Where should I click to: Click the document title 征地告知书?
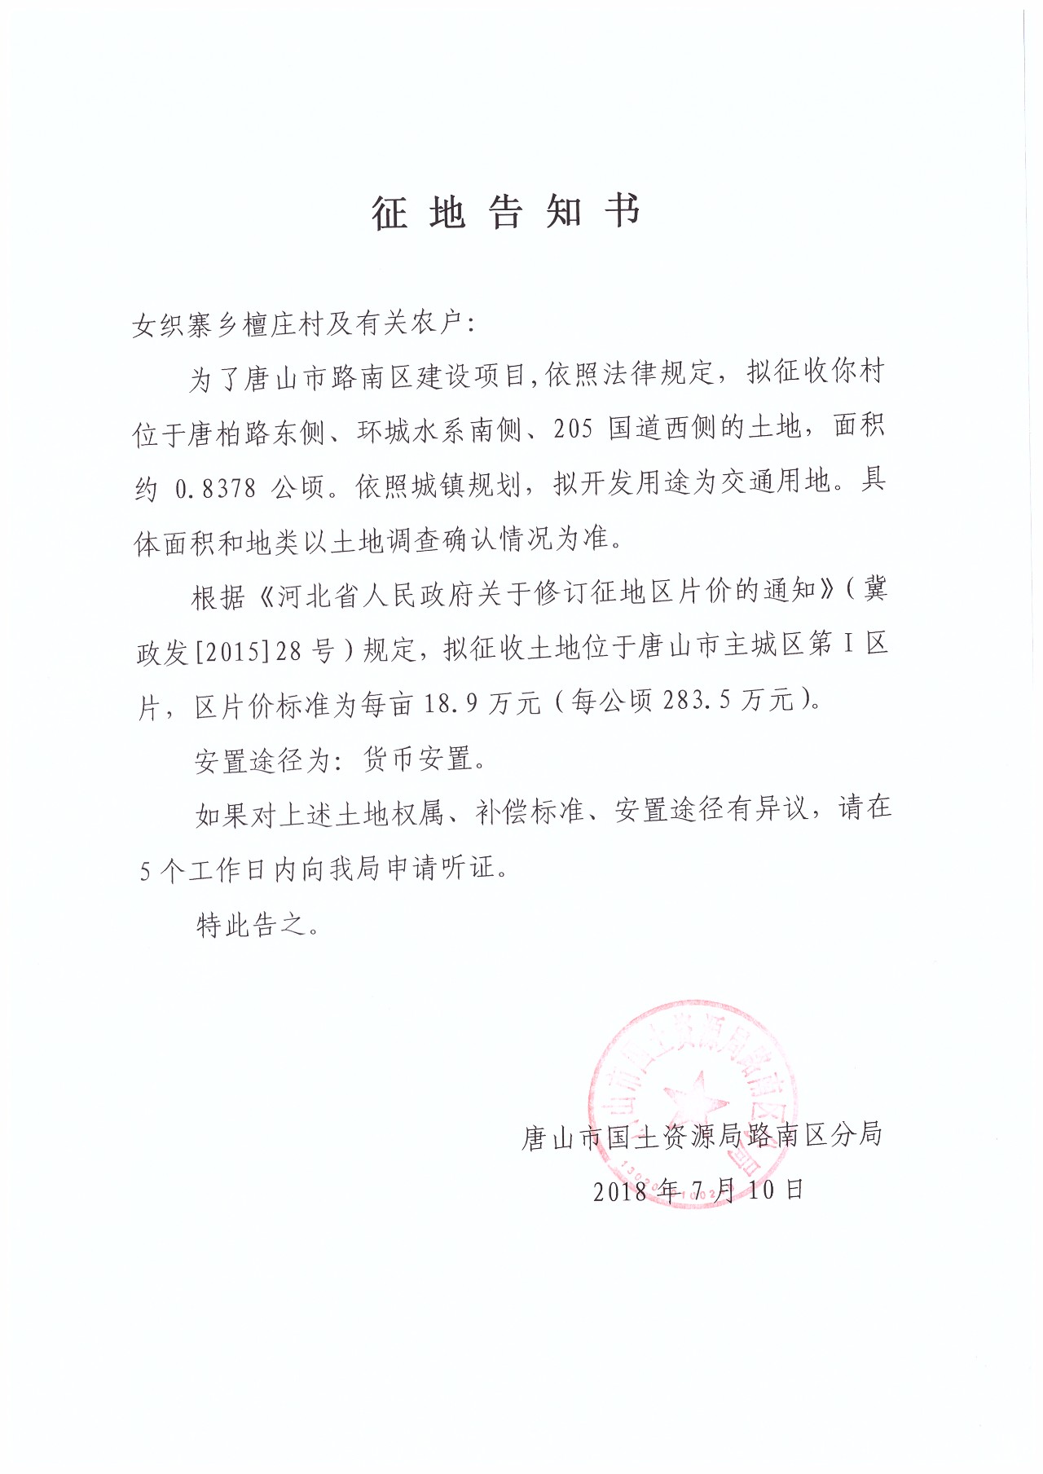506,213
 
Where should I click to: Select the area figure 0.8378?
216,487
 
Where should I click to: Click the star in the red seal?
694,1095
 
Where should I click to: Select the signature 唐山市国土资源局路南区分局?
702,1136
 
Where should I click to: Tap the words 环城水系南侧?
439,430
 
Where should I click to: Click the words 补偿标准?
530,812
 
